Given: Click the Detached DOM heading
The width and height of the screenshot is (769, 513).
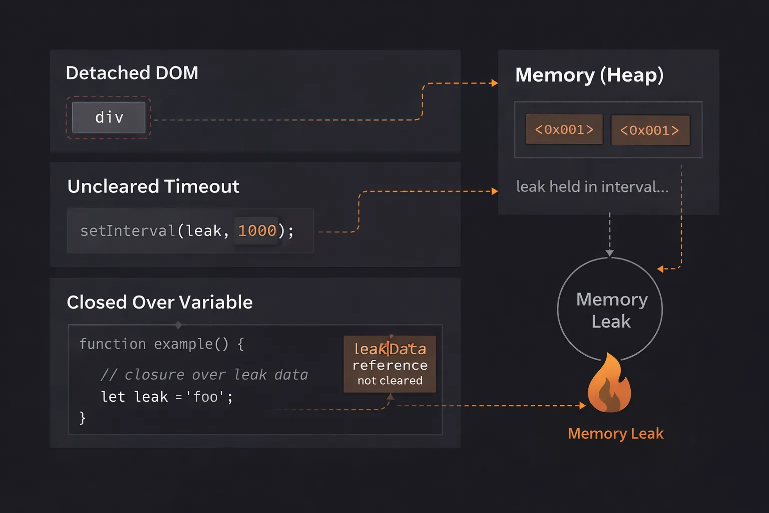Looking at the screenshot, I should pos(132,73).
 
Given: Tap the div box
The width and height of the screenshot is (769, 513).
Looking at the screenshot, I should pos(109,118).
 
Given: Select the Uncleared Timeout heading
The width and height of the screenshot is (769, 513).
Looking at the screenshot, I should pos(153,186).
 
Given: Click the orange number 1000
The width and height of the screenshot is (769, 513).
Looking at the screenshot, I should pos(257,230).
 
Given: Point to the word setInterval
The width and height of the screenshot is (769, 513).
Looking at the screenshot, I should pos(127,230).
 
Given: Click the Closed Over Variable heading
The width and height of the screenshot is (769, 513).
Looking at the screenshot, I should pos(160,302).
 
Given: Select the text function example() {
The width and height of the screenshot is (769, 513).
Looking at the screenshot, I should pos(162,344).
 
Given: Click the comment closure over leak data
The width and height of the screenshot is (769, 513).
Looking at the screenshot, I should pos(204,375).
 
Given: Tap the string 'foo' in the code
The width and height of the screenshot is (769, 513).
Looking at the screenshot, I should pos(205,397).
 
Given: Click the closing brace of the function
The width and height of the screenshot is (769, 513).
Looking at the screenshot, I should pos(83,417).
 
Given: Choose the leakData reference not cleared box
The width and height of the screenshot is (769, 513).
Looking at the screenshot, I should pos(390,364).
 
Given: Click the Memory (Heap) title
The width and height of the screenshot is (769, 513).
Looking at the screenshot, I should pos(589,75).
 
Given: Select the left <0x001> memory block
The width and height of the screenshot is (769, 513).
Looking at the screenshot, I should pos(564,129).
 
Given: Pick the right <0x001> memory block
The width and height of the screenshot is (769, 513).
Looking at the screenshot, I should pos(650,130).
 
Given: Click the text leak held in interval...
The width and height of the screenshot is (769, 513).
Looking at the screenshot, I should pos(592,187).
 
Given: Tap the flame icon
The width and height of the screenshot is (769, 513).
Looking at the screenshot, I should pos(609,384).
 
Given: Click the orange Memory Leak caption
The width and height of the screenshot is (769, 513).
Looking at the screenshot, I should pos(615,433).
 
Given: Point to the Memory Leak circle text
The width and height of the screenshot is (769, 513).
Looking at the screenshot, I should pos(611,310).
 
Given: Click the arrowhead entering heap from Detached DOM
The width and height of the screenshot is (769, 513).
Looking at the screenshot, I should pos(495,83).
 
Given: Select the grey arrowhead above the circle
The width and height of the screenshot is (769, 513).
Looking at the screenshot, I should pos(609,253).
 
